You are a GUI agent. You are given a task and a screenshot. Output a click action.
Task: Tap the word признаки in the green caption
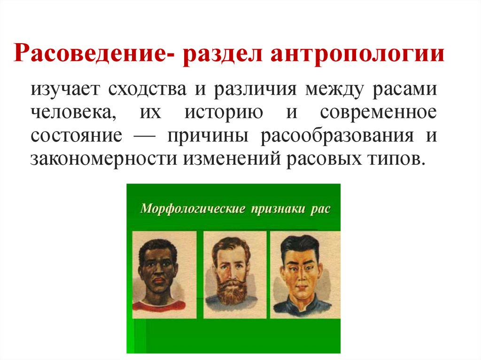(x=276, y=208)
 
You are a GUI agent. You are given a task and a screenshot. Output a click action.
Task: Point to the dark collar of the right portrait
(x=301, y=307)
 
